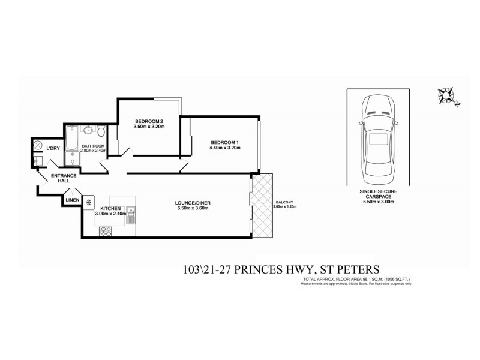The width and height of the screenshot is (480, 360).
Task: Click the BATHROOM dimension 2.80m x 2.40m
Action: [x=93, y=151]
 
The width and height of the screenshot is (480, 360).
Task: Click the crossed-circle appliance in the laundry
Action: [x=37, y=147]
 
